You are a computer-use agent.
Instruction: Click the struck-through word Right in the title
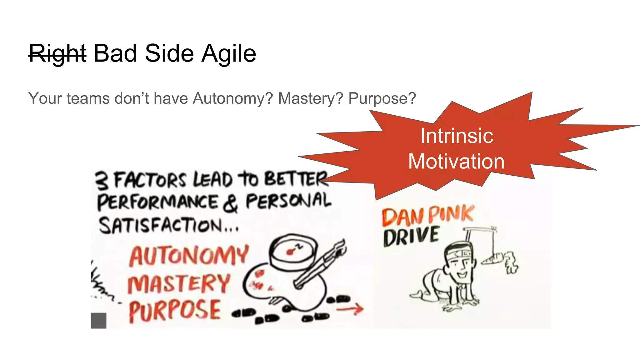(x=57, y=54)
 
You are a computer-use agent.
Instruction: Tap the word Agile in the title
(x=228, y=54)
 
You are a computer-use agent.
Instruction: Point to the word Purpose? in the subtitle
(x=382, y=98)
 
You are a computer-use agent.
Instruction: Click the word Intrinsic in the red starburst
(x=457, y=136)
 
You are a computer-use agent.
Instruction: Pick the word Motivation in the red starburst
(x=456, y=162)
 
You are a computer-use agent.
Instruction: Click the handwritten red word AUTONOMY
(x=189, y=255)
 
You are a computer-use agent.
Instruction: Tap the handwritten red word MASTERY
(x=179, y=283)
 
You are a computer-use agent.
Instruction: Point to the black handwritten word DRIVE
(x=411, y=237)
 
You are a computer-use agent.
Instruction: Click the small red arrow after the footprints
(x=350, y=309)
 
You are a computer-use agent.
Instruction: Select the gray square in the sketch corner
(x=99, y=320)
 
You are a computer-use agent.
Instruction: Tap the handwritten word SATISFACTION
(x=161, y=226)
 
